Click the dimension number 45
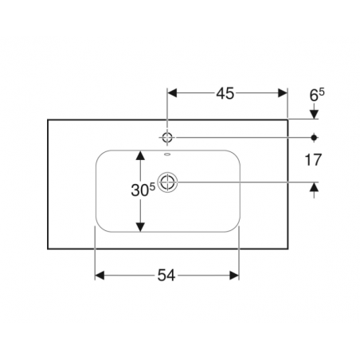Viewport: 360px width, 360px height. (225, 93)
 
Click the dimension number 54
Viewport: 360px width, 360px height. (166, 276)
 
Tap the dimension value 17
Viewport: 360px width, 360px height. (313, 160)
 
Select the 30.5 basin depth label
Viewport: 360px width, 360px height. (143, 190)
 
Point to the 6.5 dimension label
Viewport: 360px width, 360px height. (317, 95)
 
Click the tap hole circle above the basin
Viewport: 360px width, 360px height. (167, 138)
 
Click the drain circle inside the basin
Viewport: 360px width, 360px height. (167, 182)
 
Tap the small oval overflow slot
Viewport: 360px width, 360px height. (167, 154)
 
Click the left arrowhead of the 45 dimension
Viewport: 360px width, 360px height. (172, 93)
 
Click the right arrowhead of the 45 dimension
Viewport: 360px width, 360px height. (283, 93)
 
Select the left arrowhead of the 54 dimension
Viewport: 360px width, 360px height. (100, 276)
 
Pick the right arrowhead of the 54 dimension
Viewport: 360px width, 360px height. (234, 276)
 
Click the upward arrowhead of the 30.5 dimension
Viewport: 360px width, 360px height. (140, 155)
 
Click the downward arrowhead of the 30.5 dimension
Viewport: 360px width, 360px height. (140, 227)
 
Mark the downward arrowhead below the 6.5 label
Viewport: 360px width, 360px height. (315, 114)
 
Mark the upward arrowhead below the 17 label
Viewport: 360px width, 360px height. (315, 187)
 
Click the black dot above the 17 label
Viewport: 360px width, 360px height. (315, 138)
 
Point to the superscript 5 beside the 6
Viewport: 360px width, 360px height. (322, 92)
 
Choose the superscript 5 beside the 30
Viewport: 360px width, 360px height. (152, 187)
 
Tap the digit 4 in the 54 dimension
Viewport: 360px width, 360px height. (171, 276)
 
